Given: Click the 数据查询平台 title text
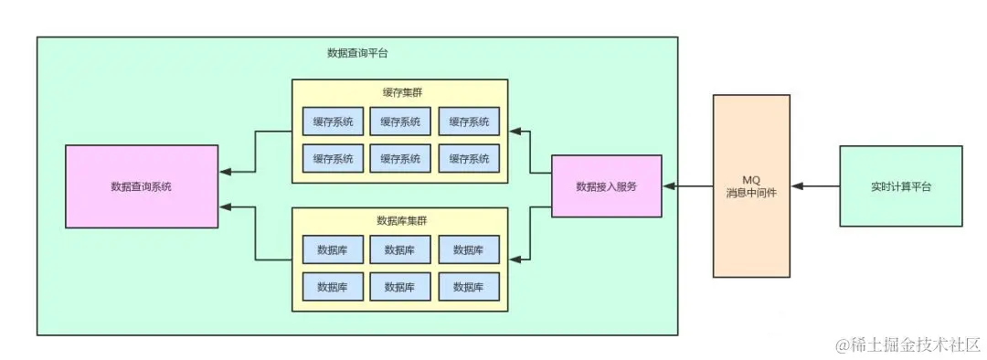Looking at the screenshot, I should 357,53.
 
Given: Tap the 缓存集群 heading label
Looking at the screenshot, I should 400,92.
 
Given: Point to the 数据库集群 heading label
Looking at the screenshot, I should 400,220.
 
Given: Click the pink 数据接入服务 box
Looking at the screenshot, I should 606,186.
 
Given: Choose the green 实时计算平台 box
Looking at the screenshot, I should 900,186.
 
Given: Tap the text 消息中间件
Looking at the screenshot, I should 751,193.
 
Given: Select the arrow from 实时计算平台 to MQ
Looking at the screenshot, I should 815,186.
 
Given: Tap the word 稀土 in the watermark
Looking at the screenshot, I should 865,345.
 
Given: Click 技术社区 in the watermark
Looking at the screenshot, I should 948,345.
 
